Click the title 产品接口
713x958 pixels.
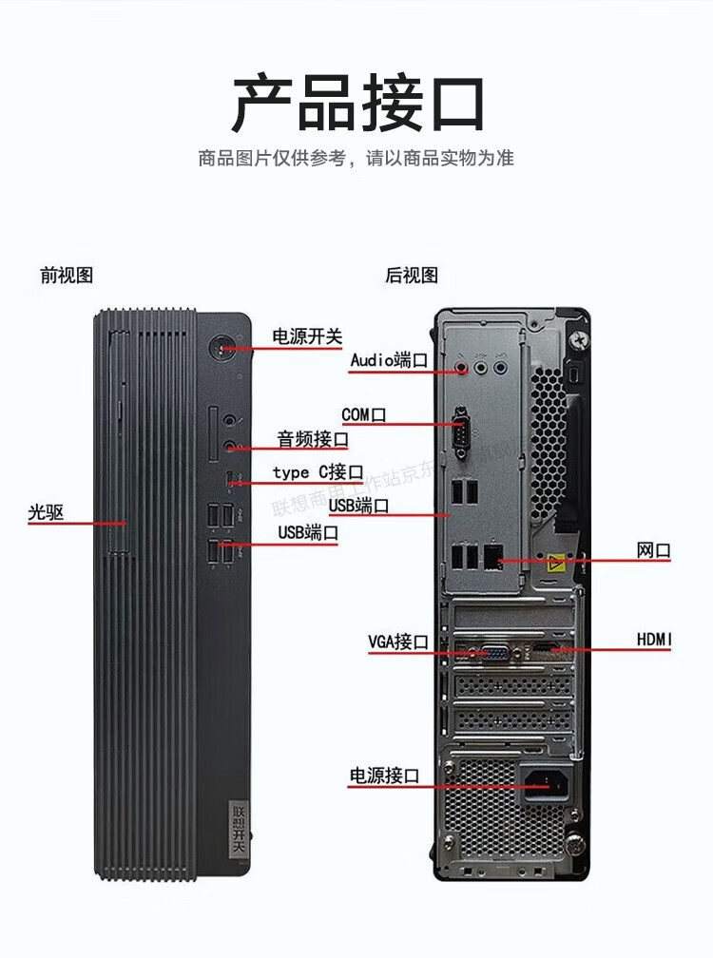pyautogui.click(x=358, y=104)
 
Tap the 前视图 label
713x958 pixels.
pyautogui.click(x=67, y=276)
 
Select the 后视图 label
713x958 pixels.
pyautogui.click(x=412, y=276)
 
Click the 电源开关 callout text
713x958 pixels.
pyautogui.click(x=307, y=335)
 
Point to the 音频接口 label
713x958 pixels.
pyautogui.click(x=313, y=439)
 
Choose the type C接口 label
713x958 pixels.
pyautogui.click(x=318, y=472)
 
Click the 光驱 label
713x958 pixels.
pyautogui.click(x=46, y=512)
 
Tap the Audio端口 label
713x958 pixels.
pyautogui.click(x=389, y=360)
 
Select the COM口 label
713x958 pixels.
pyautogui.click(x=364, y=414)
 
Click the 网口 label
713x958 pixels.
pyautogui.click(x=654, y=550)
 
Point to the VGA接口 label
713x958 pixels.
pyautogui.click(x=399, y=642)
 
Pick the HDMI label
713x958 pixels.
pyautogui.click(x=654, y=641)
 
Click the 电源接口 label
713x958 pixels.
pyautogui.click(x=384, y=776)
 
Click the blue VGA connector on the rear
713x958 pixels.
pyautogui.click(x=494, y=652)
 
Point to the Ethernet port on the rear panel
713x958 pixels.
pyautogui.click(x=492, y=557)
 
